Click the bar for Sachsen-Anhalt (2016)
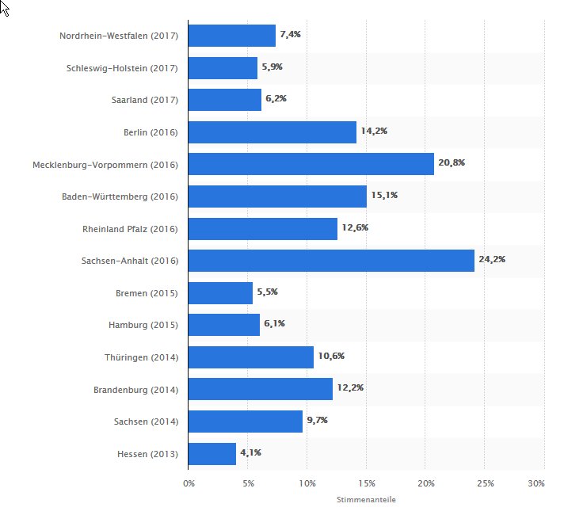point(331,261)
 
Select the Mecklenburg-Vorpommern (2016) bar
point(311,164)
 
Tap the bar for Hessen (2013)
point(212,454)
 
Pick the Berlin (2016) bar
point(272,132)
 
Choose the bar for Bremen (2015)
point(220,293)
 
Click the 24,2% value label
point(492,259)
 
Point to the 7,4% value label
point(291,35)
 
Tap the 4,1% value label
point(250,452)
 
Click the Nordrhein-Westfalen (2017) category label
point(119,36)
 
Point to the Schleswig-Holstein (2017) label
point(122,68)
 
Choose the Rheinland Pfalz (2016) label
point(131,229)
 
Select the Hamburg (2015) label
point(143,325)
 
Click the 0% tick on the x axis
point(189,483)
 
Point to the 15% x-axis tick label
point(366,483)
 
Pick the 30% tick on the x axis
point(536,483)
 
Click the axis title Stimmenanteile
point(366,500)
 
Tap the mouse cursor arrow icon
point(4,8)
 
